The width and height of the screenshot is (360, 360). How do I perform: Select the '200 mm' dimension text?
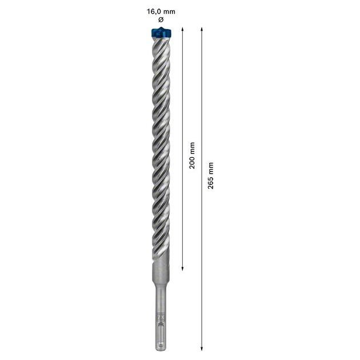[x=192, y=155]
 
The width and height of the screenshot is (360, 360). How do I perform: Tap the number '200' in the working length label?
[x=192, y=162]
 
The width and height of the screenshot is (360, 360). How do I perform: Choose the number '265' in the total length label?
[x=211, y=183]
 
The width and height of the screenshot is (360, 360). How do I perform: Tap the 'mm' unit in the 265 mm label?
[x=211, y=167]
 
